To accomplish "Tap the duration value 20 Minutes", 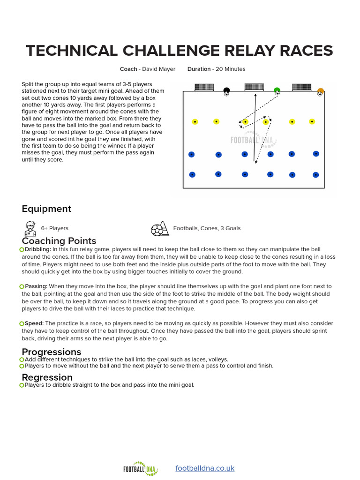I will (231, 69).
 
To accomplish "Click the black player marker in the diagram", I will (226, 90).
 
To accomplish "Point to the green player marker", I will (277, 90).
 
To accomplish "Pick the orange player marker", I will (321, 91).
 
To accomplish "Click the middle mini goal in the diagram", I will (254, 87).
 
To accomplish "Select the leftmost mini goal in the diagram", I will (204, 87).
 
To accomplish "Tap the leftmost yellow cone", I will (195, 122).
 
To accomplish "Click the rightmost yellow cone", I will (312, 122).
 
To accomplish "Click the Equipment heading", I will (46, 209).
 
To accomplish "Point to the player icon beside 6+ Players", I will (30, 229).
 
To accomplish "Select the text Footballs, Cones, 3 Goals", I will (207, 228).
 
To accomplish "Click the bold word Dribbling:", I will (38, 249).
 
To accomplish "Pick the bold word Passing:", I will (36, 286).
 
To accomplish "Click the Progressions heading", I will (52, 352).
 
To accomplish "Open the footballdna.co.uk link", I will (205, 468).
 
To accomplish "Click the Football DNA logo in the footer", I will (140, 468).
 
